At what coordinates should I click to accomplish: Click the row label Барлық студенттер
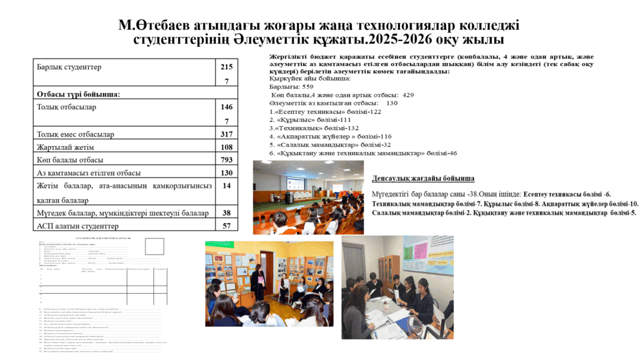69,67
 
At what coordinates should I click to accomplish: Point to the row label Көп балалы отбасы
70,160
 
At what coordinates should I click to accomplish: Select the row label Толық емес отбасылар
76,134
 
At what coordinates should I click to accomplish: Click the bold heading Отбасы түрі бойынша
78,94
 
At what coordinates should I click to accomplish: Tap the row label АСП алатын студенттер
77,226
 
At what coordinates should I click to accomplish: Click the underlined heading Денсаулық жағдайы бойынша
423,178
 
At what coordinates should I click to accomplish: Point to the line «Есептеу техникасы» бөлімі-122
325,111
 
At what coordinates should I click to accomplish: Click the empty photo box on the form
154,247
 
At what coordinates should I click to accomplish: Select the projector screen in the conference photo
295,185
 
